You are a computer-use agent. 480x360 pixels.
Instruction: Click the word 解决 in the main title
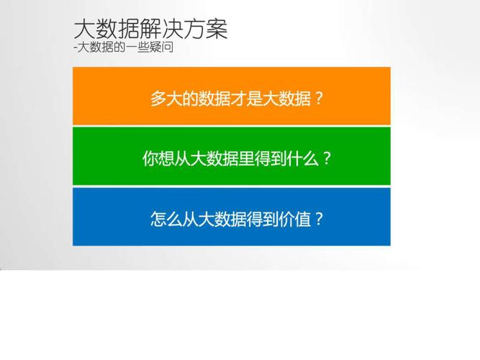[x=162, y=30]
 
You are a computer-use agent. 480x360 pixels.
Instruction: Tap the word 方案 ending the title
[x=205, y=30]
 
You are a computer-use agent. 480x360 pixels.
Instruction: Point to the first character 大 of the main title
[x=85, y=30]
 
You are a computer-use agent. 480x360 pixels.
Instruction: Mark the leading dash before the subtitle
[x=76, y=48]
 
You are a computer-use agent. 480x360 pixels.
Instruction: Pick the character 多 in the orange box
[x=158, y=99]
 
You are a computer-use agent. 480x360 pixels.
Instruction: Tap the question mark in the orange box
[x=318, y=99]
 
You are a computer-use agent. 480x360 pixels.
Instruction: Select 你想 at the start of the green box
[x=158, y=158]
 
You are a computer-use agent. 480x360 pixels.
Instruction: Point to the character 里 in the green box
[x=246, y=158]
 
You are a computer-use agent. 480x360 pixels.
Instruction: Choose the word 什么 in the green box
[x=302, y=158]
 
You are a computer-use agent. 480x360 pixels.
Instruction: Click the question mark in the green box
[x=327, y=158]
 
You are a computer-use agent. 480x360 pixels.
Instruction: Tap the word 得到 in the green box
[x=271, y=158]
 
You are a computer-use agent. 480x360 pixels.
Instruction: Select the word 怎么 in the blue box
[x=166, y=219]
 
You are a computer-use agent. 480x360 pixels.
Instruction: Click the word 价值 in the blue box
[x=294, y=219]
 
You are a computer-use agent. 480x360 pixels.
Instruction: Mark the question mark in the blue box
[x=319, y=219]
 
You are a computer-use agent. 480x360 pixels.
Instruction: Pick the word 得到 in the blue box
[x=262, y=219]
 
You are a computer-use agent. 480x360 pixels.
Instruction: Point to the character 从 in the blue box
[x=190, y=219]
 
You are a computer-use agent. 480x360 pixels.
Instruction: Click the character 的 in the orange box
[x=190, y=99]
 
